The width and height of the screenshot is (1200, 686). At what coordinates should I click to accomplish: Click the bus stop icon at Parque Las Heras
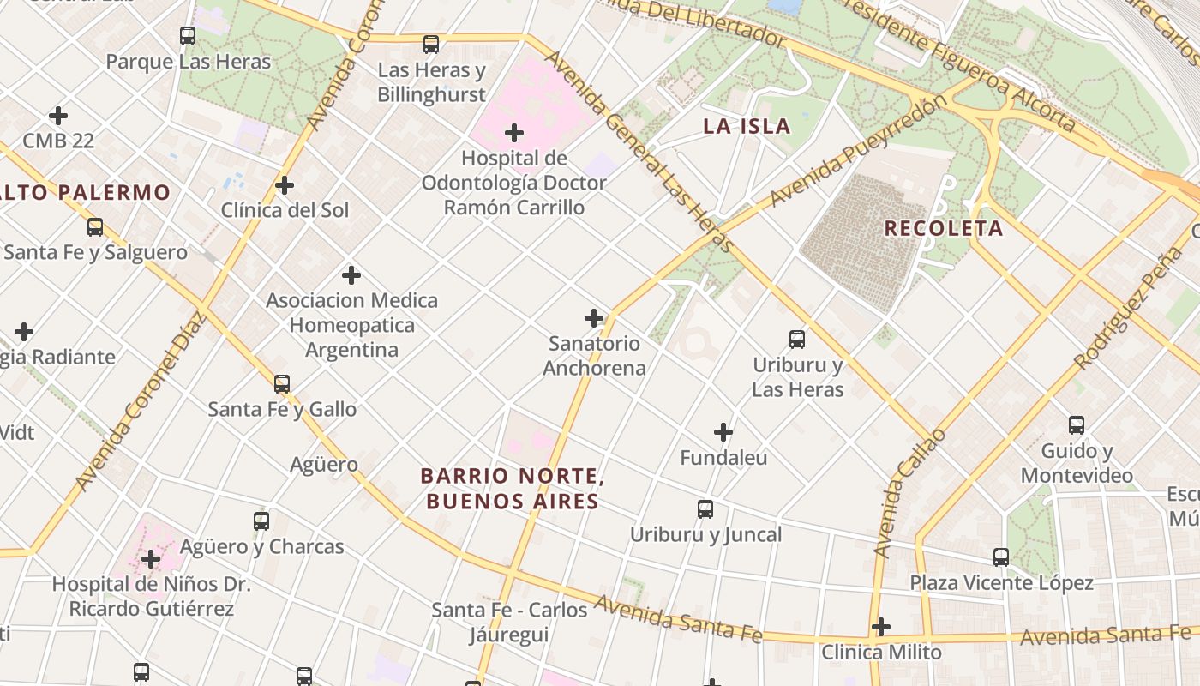coord(188,36)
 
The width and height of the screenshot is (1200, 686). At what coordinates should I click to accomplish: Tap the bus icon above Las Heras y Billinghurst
coord(431,44)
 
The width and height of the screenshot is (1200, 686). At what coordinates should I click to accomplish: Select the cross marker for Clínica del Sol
coord(285,185)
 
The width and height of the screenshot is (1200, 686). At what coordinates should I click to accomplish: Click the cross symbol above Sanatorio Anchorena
coord(594,318)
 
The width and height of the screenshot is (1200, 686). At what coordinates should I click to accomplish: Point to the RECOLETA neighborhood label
coord(943,228)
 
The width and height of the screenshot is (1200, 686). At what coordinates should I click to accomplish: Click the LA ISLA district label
coord(747,127)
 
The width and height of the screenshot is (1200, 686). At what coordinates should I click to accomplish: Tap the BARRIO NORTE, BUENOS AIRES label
coord(513,488)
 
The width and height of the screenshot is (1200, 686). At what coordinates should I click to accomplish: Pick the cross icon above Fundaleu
coord(723,432)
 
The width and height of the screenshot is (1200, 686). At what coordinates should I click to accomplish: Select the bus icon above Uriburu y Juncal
coord(705,509)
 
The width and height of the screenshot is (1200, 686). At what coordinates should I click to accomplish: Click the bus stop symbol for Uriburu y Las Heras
coord(797,340)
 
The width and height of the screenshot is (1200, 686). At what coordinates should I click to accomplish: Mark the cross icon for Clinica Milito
coord(880,627)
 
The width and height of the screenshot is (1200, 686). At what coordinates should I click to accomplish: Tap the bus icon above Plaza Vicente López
coord(1001,557)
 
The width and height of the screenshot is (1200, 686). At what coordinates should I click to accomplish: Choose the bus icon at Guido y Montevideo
coord(1077,425)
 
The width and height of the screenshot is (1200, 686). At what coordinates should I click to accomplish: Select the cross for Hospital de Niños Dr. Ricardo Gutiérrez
coord(151,560)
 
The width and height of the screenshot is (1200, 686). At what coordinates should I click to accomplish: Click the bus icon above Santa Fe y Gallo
coord(282,383)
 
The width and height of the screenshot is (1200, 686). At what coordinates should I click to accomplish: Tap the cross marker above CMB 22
coord(58,115)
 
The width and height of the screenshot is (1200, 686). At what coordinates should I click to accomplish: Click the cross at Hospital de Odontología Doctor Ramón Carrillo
coord(514,133)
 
